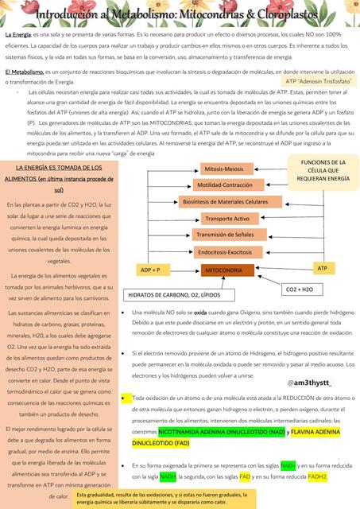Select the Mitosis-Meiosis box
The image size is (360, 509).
coord(223,169)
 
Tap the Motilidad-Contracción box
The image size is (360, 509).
coord(224,185)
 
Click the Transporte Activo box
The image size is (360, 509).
coord(226,218)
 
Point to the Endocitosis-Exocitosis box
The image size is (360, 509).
coord(224,251)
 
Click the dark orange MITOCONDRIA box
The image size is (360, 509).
coord(223,270)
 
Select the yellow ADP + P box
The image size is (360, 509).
coord(150,270)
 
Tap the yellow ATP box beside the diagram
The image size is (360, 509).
coord(321,268)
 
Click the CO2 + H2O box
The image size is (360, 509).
coord(299,289)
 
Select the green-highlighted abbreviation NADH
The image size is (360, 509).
coord(168,476)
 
